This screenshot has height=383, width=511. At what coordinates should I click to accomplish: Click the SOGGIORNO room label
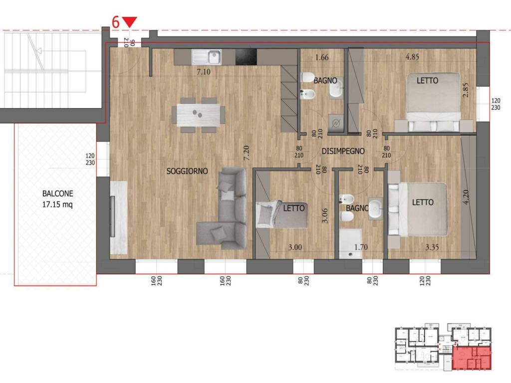coord(187,171)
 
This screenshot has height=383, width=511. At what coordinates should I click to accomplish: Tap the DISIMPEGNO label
coord(343,151)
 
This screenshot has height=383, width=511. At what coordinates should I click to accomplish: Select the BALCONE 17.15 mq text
coord(58,198)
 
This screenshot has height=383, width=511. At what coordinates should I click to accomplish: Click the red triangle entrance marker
coord(130,22)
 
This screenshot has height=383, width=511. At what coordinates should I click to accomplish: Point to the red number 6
coord(116,22)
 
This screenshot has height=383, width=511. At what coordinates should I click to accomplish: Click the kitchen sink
coord(206,57)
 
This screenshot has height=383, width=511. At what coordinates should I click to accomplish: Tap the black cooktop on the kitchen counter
coord(246,57)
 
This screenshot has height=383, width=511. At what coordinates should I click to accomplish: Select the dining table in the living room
coord(198,115)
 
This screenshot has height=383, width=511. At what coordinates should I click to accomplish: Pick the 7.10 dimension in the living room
coord(204,72)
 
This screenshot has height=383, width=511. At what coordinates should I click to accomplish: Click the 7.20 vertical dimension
coord(247,153)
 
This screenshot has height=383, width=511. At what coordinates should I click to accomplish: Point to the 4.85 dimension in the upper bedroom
coord(412,57)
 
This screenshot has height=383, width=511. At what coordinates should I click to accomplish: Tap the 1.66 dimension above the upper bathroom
coord(322,57)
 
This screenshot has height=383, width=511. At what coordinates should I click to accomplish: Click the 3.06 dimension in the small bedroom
coord(324,215)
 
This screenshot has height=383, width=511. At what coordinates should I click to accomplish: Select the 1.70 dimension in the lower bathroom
coord(361,247)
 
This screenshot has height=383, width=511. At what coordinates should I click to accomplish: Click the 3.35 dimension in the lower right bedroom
coord(432,247)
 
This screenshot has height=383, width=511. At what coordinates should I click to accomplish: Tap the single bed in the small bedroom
coord(281,214)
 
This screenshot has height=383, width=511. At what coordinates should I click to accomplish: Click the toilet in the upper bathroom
coord(307,77)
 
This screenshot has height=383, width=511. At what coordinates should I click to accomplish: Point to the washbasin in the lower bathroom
coord(376,208)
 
